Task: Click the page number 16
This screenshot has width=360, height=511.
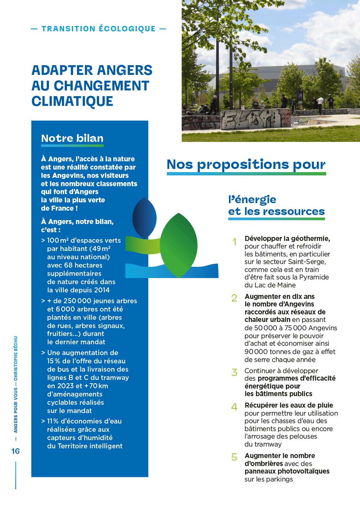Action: (x=15, y=451)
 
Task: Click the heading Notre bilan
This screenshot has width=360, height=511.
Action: (x=72, y=138)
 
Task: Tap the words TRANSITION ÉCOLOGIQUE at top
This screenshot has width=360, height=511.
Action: (x=98, y=29)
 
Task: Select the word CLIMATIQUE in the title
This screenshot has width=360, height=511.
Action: (x=72, y=101)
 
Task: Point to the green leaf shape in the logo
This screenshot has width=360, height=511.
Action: (x=179, y=245)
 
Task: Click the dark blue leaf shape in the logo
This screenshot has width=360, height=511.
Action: (x=144, y=218)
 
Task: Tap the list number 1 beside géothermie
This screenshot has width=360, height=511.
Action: (x=234, y=242)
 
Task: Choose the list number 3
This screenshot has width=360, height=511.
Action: (x=234, y=372)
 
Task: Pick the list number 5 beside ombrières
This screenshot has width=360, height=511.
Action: (x=234, y=457)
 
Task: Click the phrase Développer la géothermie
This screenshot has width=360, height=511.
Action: (x=287, y=238)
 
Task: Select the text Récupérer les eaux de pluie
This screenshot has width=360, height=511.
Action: (x=289, y=405)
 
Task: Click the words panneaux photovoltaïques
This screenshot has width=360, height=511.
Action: (x=287, y=471)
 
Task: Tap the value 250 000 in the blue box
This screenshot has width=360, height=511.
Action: (x=77, y=301)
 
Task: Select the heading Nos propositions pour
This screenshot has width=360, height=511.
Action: (x=246, y=165)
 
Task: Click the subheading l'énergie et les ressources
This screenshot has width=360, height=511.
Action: (x=276, y=205)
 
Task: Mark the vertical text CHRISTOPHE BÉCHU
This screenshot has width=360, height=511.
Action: (x=16, y=358)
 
